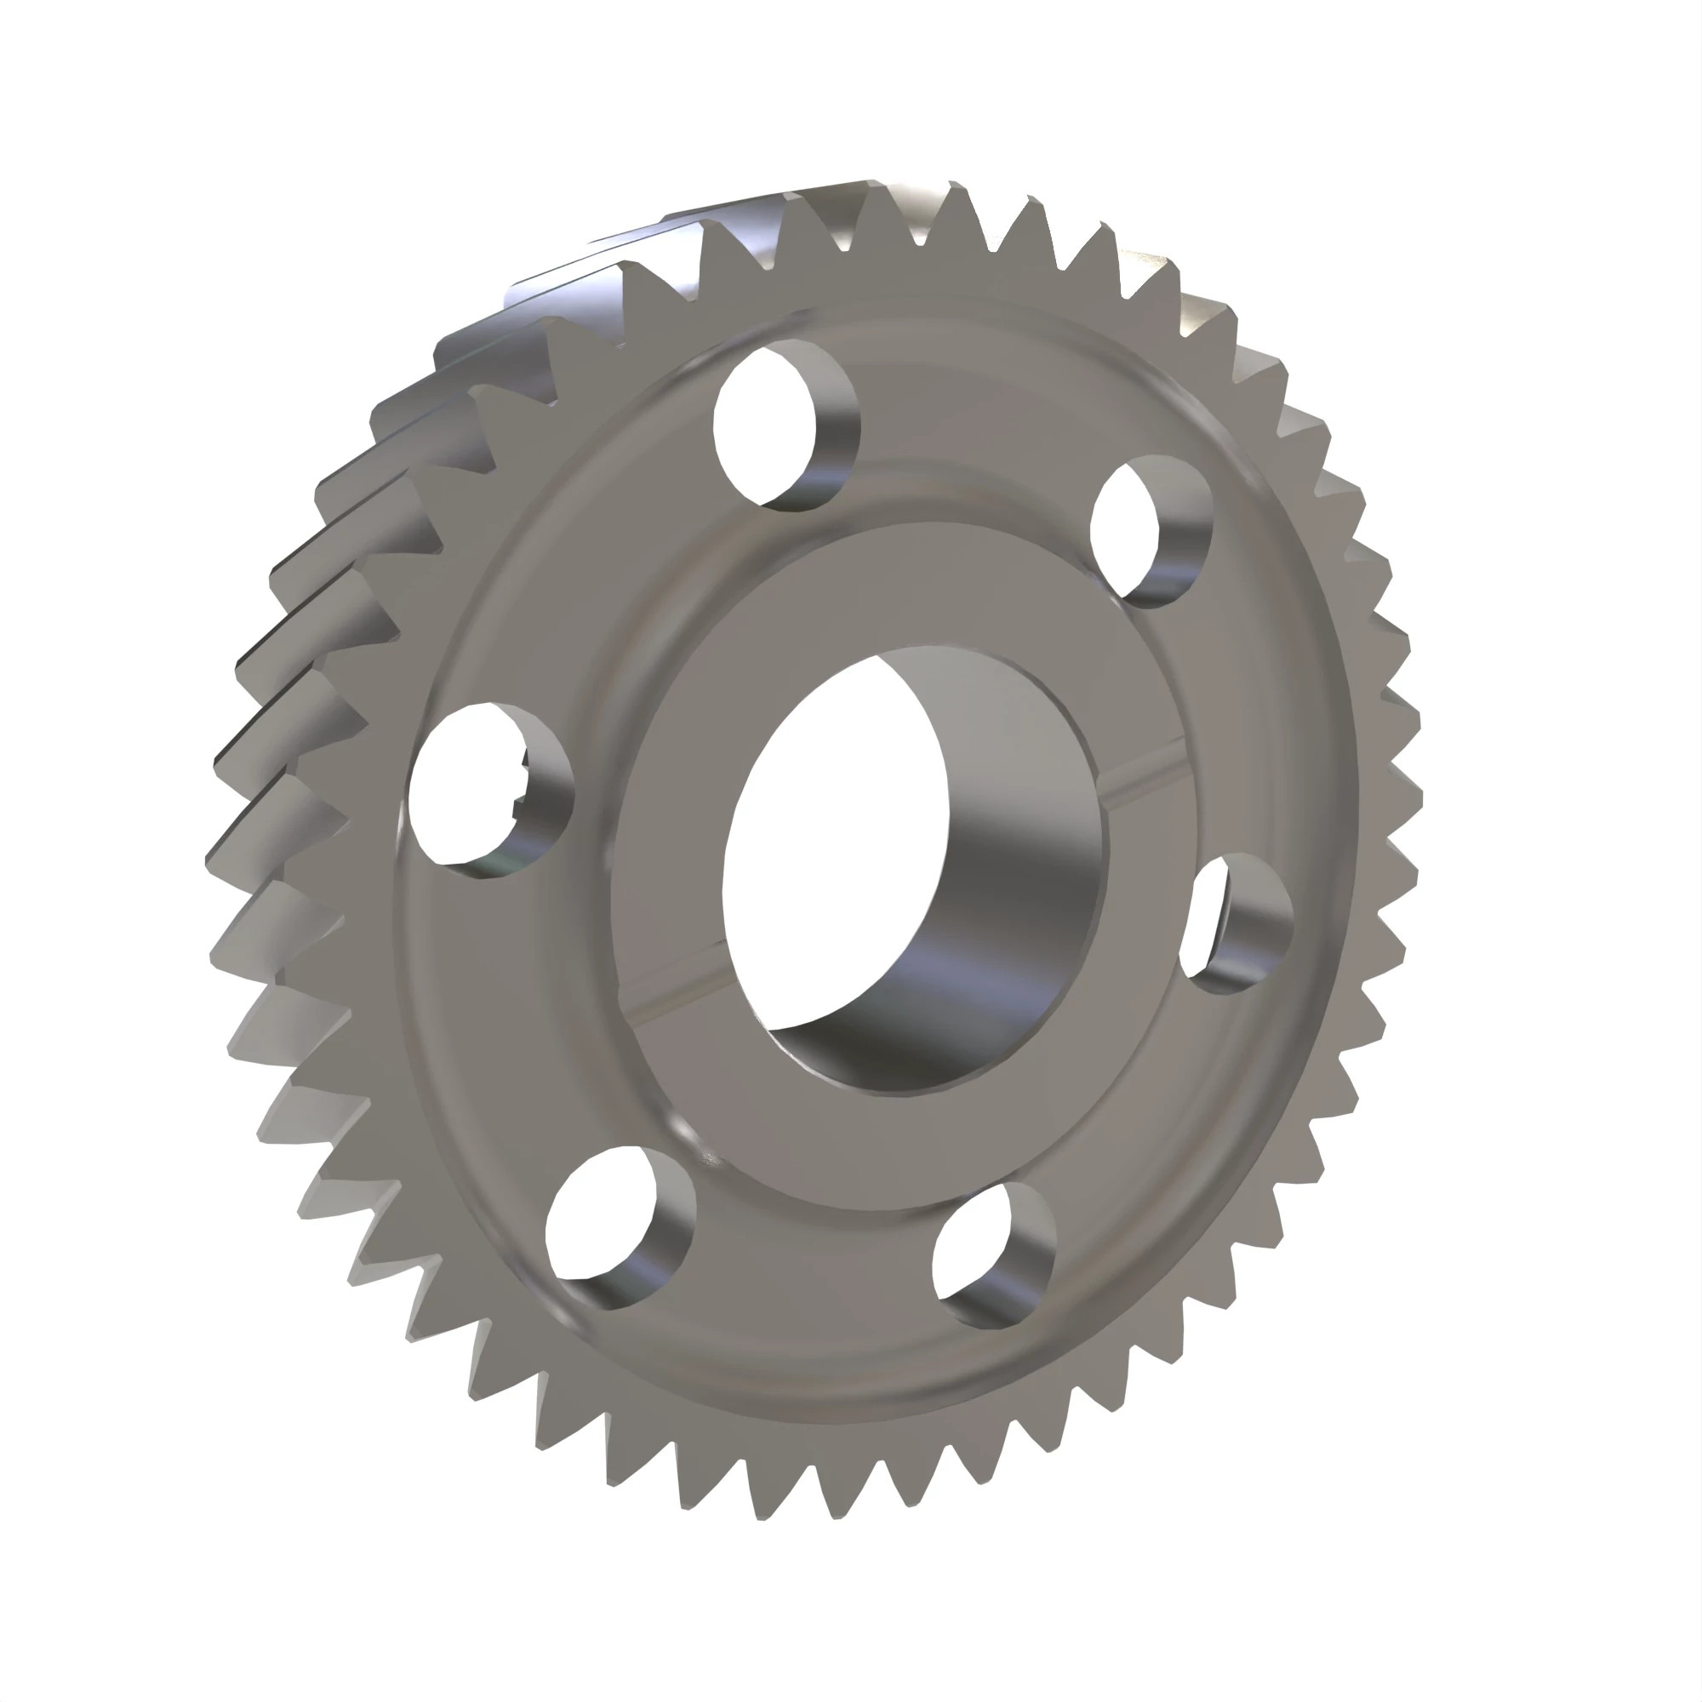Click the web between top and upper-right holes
969,441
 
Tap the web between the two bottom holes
802,1269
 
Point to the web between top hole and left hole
564,564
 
